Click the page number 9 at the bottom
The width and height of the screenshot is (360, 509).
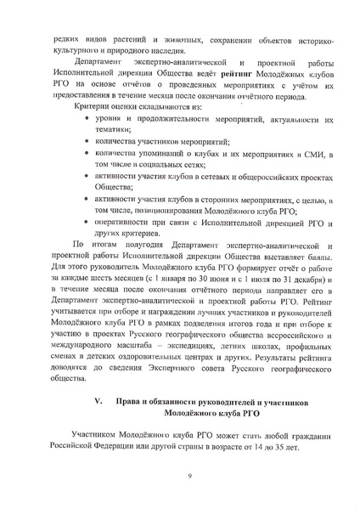pos(179,487)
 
